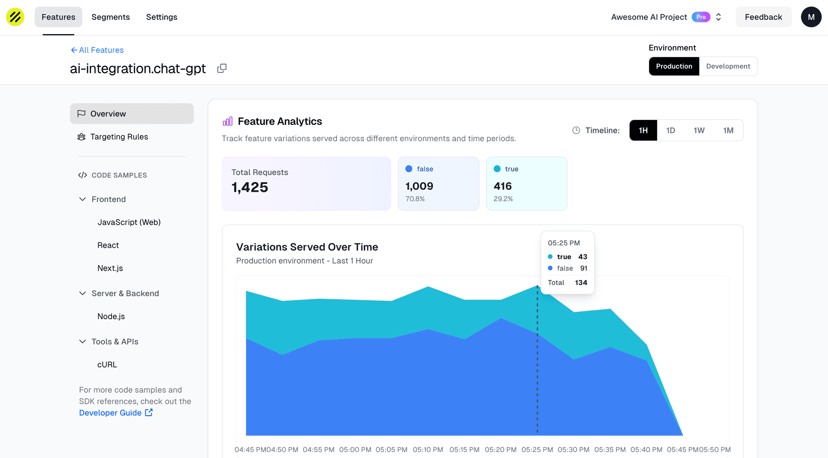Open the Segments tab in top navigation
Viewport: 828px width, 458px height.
(110, 17)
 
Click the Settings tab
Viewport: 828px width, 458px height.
(161, 17)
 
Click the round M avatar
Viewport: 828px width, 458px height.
(811, 17)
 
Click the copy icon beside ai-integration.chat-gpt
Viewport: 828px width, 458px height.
(222, 69)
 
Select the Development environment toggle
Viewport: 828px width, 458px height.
(728, 66)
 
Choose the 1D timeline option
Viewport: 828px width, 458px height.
(671, 130)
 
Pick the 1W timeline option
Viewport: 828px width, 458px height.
(699, 130)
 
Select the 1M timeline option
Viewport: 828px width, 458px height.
(728, 130)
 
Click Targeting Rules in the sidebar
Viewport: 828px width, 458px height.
(119, 137)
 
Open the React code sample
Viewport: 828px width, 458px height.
(108, 245)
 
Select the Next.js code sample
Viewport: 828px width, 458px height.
(110, 268)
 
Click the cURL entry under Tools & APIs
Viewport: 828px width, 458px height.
(107, 365)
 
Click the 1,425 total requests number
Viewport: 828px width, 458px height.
(250, 187)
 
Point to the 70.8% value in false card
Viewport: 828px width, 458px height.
(415, 199)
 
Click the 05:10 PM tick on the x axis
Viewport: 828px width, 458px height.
(428, 449)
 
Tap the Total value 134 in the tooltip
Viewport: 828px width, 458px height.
(581, 283)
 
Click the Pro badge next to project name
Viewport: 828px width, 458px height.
(701, 17)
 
